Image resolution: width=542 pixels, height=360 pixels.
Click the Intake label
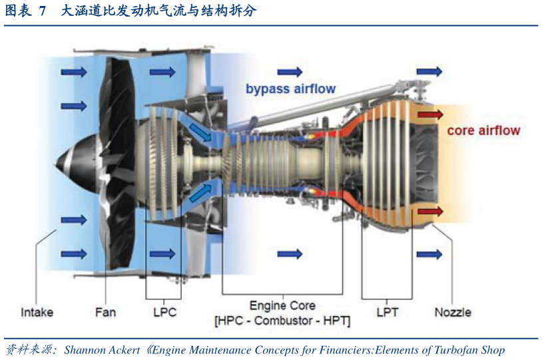37,312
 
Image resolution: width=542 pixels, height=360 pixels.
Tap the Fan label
105,312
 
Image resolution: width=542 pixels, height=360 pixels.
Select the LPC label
165,312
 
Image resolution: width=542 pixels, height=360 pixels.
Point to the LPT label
388,312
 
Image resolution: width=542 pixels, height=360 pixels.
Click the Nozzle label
453,312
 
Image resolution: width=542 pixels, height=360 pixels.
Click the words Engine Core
282,305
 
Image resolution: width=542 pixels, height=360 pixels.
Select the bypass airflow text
291,89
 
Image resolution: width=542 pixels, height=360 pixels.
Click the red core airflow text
483,130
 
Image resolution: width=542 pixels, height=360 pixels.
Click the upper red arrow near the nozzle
430,114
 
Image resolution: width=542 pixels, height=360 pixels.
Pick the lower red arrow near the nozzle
430,211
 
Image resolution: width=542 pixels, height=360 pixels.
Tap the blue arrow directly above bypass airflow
290,72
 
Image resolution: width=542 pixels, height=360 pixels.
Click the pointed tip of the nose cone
55,163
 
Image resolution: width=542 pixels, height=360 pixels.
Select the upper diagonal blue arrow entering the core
200,133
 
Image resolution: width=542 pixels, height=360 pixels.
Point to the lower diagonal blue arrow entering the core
200,193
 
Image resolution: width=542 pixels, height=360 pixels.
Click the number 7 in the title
43,11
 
